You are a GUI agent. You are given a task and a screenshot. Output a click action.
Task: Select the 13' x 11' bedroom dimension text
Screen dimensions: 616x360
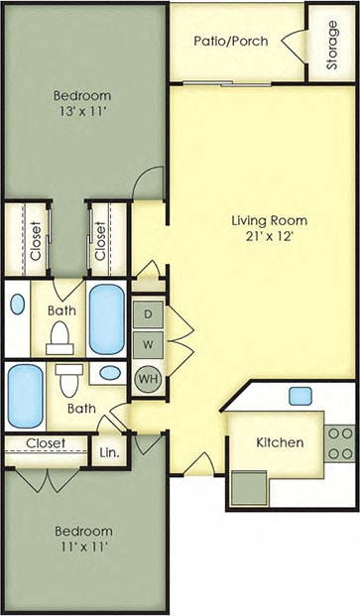tap(82, 113)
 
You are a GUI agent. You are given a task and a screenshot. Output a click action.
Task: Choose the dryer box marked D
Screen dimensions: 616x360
tap(148, 314)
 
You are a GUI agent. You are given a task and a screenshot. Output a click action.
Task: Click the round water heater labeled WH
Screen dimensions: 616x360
tap(148, 379)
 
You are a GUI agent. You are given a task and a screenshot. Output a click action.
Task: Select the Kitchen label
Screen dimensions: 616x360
tap(280, 442)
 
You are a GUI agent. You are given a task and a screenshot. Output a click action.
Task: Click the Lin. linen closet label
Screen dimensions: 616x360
tap(109, 451)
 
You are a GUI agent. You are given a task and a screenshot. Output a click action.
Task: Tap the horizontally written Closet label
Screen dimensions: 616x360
tap(46, 442)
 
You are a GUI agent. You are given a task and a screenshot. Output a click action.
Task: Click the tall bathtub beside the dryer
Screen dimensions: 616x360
tap(107, 319)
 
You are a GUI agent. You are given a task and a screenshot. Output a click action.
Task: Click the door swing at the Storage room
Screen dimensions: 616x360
tap(293, 45)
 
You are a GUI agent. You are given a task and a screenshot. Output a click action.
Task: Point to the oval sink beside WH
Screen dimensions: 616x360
tap(111, 373)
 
